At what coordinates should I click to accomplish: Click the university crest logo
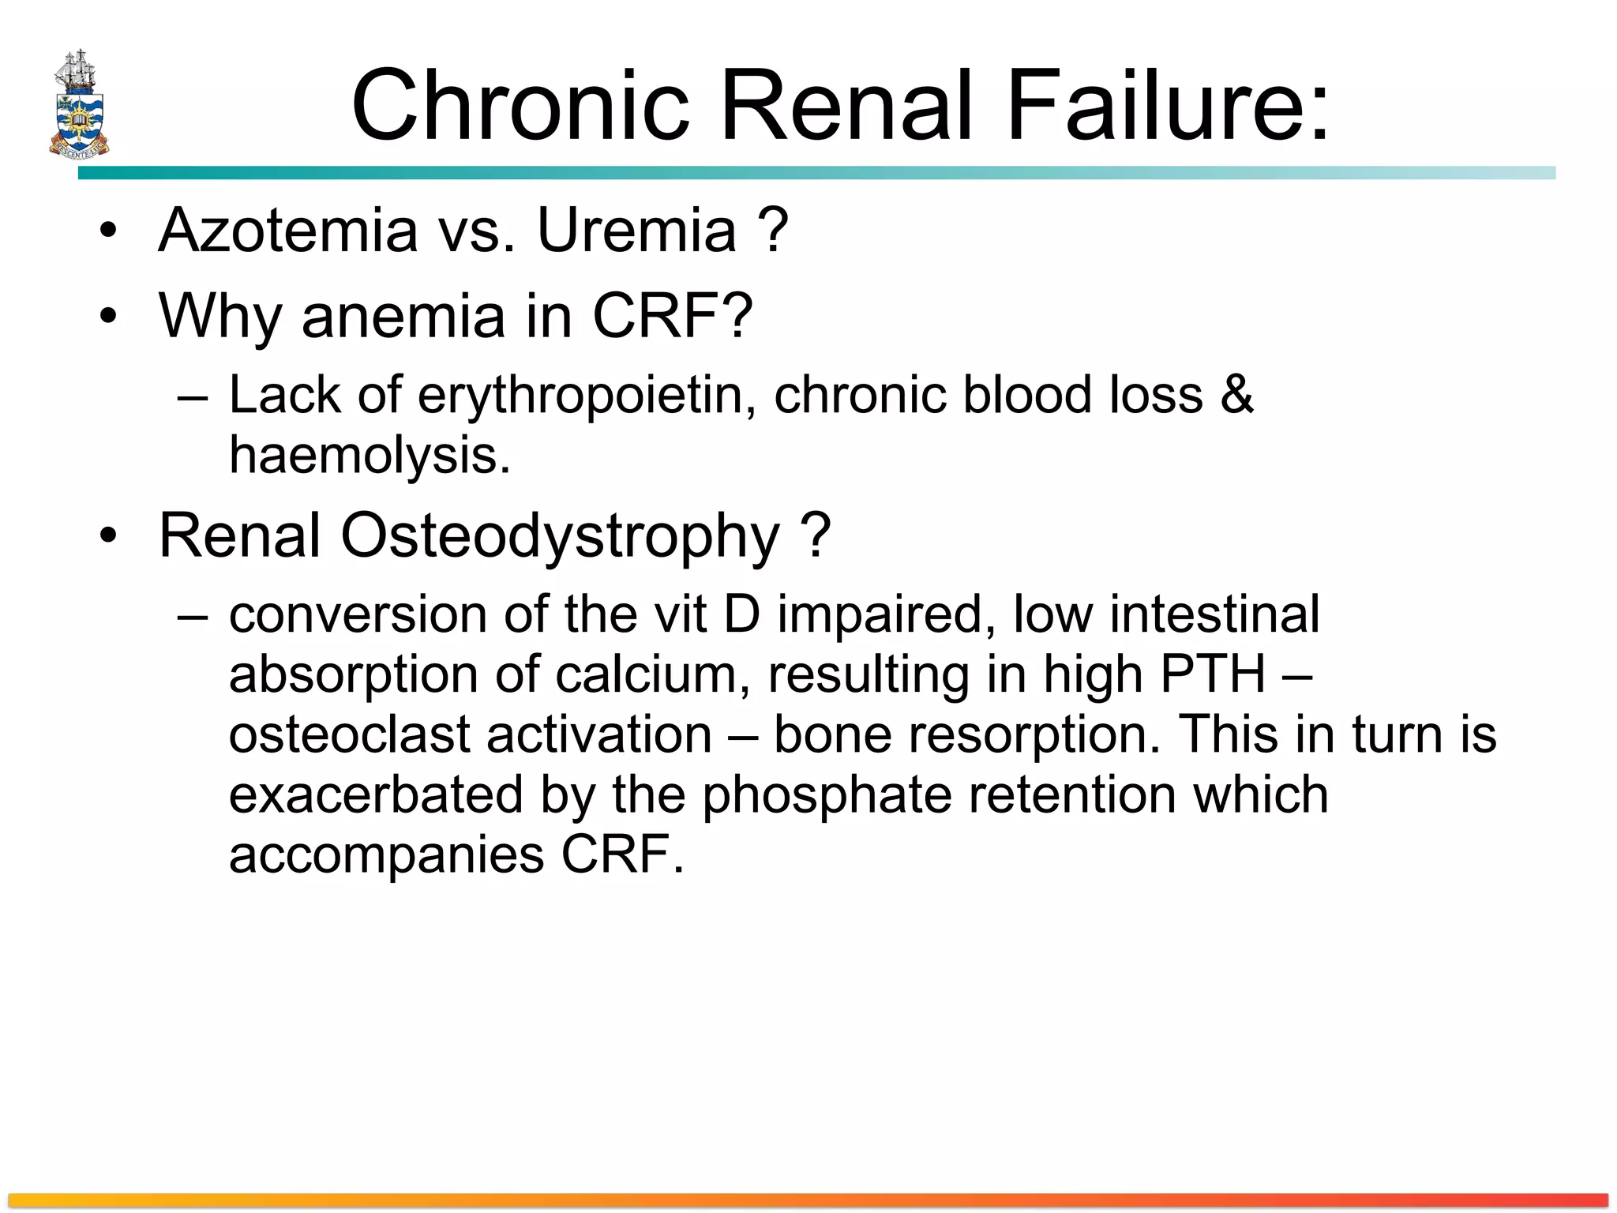pos(78,104)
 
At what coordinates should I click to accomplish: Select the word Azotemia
pos(287,230)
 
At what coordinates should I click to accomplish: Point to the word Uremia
pos(636,230)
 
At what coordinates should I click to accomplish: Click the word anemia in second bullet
pos(403,316)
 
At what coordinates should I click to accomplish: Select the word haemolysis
pos(369,456)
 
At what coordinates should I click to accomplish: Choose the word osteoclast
pos(349,734)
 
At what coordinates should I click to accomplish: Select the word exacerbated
pos(376,795)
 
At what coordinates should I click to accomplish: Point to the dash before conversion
pos(193,615)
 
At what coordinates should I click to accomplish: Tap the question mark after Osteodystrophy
pos(816,535)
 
